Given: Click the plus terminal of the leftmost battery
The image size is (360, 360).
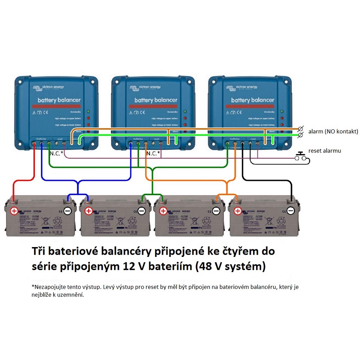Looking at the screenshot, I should click(x=14, y=211).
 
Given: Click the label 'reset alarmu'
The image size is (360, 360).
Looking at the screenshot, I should click(x=325, y=151).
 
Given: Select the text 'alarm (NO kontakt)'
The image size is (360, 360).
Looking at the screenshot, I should click(x=333, y=131).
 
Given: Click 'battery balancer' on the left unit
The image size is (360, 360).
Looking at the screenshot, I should click(x=59, y=100).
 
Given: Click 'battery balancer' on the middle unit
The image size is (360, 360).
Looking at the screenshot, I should click(x=156, y=100).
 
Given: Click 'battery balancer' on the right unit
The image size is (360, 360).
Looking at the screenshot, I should click(x=252, y=100).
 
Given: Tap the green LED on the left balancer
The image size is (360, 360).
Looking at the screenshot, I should click(x=88, y=112).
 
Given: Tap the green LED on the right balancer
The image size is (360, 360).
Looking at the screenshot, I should click(x=282, y=112).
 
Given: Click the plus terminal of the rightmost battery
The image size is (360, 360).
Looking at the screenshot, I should click(x=237, y=211).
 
